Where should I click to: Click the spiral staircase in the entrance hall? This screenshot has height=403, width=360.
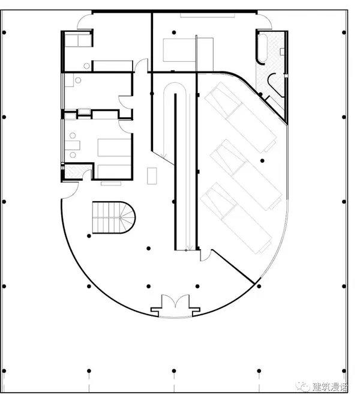[113, 217]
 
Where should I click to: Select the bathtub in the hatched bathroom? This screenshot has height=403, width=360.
[262, 48]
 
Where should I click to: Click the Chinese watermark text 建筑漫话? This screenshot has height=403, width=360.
[329, 386]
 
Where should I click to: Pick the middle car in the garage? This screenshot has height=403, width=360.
[246, 175]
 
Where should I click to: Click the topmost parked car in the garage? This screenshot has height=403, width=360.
[241, 117]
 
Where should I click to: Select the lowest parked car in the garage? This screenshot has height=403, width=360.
[236, 218]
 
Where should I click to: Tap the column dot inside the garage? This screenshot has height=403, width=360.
[262, 161]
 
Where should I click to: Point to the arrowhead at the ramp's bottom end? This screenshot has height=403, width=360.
[189, 248]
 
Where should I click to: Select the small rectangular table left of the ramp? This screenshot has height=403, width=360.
[152, 176]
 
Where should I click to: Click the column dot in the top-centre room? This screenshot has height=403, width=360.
[174, 32]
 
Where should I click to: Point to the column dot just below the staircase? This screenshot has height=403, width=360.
[89, 236]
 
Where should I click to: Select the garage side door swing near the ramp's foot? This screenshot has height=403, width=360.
[205, 255]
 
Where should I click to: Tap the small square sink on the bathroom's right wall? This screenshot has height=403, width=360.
[282, 52]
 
